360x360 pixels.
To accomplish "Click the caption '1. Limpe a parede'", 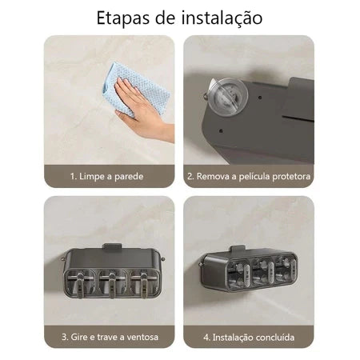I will click(x=109, y=176).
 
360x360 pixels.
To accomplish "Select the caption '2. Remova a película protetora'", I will click(x=249, y=176).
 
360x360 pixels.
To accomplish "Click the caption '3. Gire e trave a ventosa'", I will click(x=110, y=337).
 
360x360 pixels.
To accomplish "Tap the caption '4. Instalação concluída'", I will click(x=249, y=337).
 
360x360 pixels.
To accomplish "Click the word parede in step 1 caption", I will click(x=132, y=176).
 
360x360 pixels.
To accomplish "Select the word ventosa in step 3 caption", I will click(x=139, y=337).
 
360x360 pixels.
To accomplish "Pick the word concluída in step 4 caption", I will click(x=273, y=337).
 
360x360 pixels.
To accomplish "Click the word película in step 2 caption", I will click(x=255, y=176).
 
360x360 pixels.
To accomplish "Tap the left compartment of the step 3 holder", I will click(x=84, y=280).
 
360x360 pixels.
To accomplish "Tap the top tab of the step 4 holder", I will click(x=247, y=245).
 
